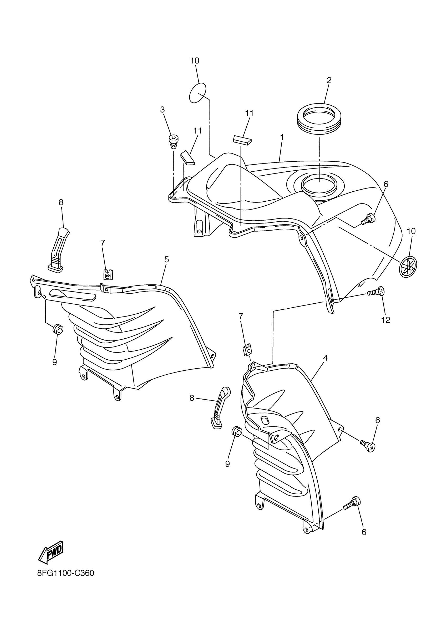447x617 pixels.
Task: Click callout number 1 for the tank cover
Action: [x=282, y=137]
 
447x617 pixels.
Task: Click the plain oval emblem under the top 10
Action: [x=197, y=93]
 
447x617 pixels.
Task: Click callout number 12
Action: [x=386, y=320]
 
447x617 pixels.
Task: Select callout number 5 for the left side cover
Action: [x=166, y=259]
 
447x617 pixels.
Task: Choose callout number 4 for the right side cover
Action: [x=325, y=358]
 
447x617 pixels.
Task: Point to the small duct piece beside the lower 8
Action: [x=220, y=407]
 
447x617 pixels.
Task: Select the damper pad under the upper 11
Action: [x=242, y=140]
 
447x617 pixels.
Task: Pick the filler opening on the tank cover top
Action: [x=319, y=185]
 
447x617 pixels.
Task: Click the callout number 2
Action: [x=329, y=80]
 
